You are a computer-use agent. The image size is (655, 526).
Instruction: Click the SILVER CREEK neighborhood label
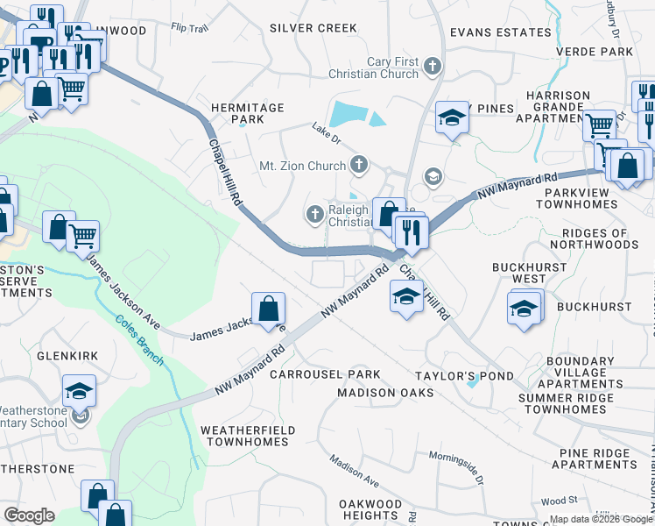pyautogui.click(x=313, y=28)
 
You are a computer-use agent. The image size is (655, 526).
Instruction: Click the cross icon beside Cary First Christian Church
pyautogui.click(x=432, y=67)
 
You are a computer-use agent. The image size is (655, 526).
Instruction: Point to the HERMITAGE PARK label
pyautogui.click(x=248, y=113)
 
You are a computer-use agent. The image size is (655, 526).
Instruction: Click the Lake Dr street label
pyautogui.click(x=325, y=129)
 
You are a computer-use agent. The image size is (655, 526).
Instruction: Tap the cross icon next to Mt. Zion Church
pyautogui.click(x=358, y=164)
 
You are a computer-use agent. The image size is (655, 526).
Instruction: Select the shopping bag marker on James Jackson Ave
pyautogui.click(x=268, y=309)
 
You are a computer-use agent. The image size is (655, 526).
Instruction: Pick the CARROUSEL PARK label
pyautogui.click(x=325, y=374)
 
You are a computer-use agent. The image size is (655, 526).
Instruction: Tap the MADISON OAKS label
pyautogui.click(x=385, y=393)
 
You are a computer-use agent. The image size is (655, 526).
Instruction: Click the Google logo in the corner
pyautogui.click(x=29, y=515)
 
